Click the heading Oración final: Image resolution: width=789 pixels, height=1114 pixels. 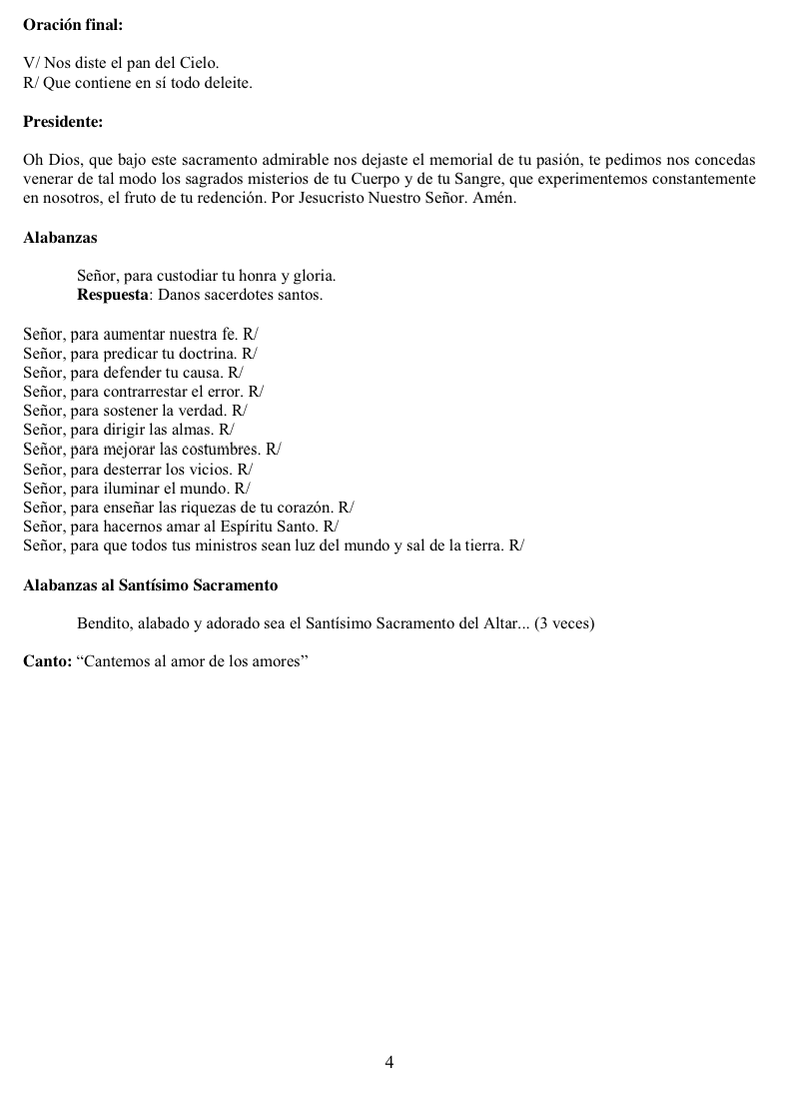pos(73,25)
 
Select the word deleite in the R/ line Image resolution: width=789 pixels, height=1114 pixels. pos(229,83)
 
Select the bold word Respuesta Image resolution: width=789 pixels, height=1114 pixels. pos(112,296)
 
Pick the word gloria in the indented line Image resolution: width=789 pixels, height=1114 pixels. pos(314,276)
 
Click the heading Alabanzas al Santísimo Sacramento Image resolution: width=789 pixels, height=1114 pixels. pos(150,584)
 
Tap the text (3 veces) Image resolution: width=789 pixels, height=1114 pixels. pos(564,624)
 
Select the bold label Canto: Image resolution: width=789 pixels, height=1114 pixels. pos(47,662)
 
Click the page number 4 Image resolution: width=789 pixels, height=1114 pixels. pos(390,1062)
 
